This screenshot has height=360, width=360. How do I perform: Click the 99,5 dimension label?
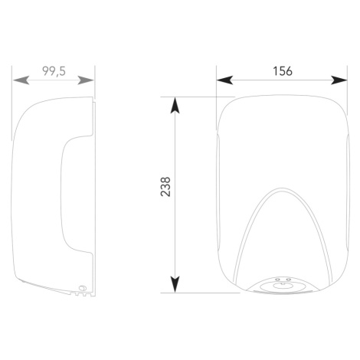tap(54, 71)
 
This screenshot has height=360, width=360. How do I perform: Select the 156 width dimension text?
tap(283, 71)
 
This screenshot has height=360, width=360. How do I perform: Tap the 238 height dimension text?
tap(165, 187)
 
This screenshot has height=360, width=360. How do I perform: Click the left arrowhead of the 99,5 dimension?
tap(21, 80)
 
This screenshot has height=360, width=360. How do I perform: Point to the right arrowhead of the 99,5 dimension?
tap(86, 80)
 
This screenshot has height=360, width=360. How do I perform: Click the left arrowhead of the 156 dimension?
tap(224, 80)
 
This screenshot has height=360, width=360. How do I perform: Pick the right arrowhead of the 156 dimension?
tap(339, 80)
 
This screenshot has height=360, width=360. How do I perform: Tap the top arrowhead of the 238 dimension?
tap(175, 105)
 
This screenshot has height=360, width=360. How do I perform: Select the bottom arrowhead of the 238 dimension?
tap(175, 284)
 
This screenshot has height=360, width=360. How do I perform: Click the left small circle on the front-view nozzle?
tap(277, 279)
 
